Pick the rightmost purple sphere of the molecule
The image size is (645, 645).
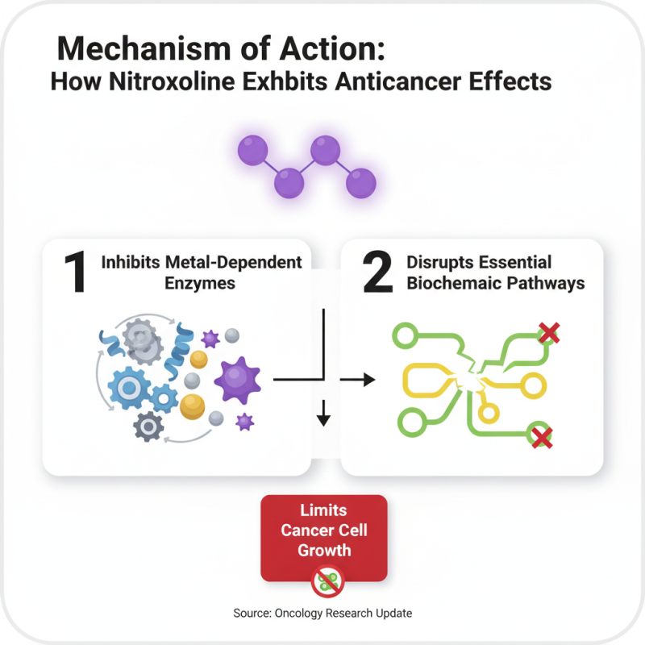point(360,183)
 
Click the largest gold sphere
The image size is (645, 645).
point(193,406)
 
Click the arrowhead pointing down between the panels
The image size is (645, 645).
point(323,418)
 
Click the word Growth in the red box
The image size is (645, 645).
point(324,551)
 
